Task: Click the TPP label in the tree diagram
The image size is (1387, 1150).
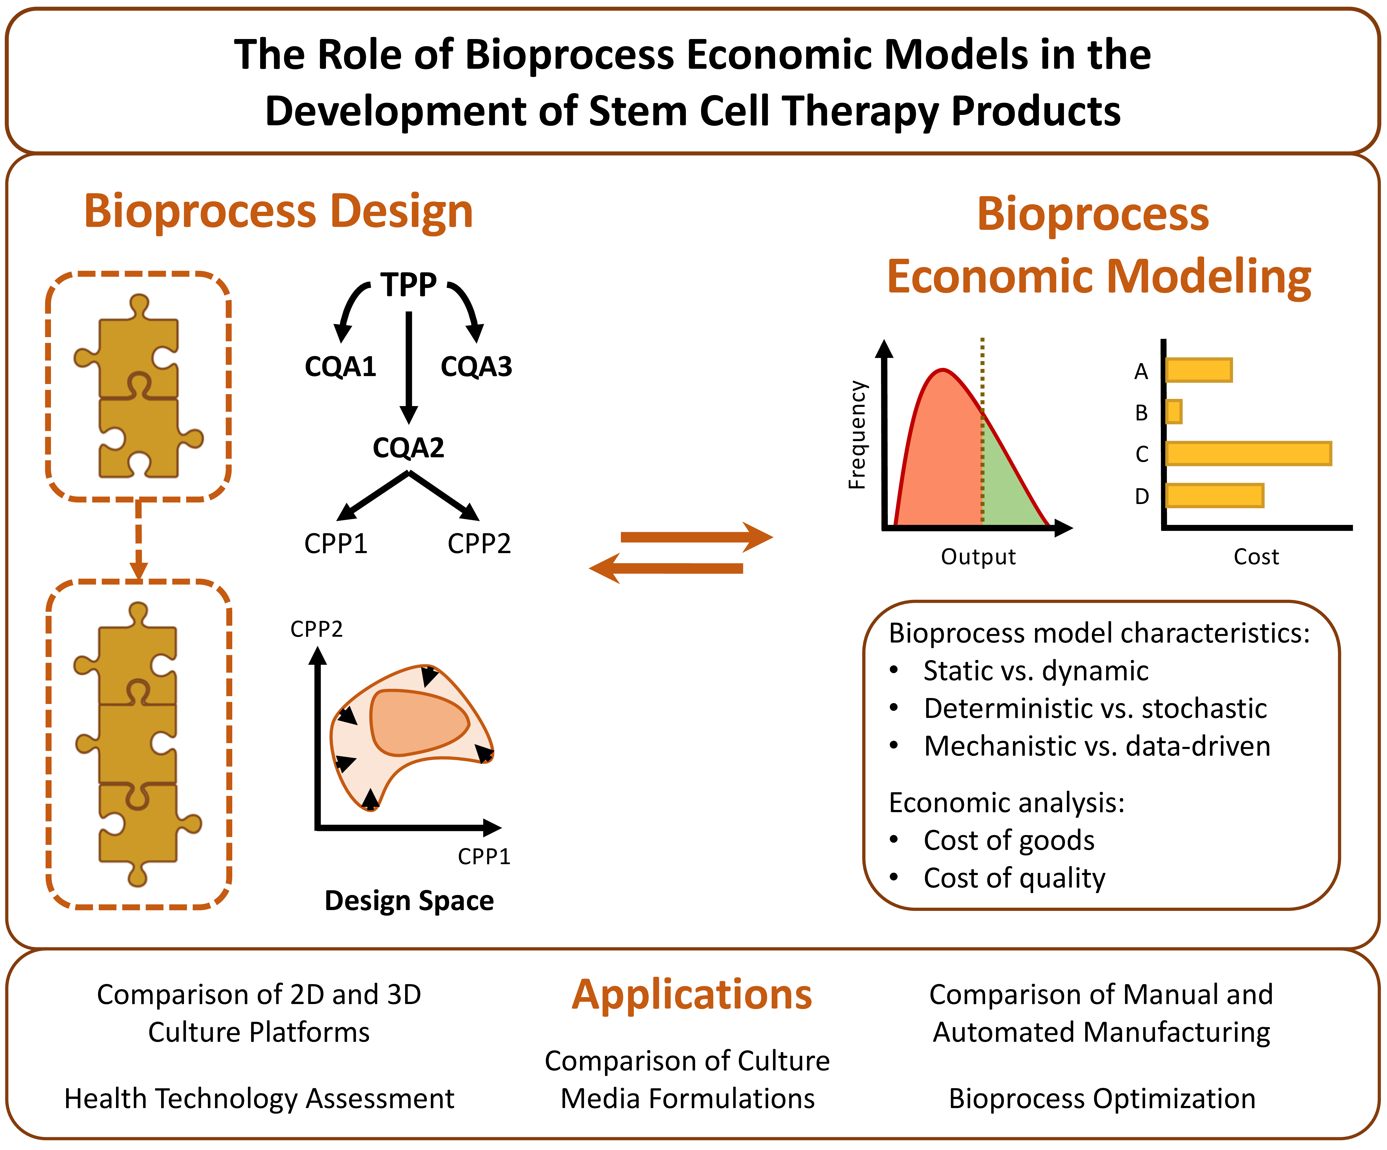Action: [408, 285]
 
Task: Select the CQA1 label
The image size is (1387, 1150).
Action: [340, 367]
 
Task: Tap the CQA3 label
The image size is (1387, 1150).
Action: [476, 367]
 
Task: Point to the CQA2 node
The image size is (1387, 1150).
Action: [408, 448]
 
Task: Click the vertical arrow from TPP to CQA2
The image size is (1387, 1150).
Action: [409, 367]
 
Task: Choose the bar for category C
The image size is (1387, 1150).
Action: [1248, 454]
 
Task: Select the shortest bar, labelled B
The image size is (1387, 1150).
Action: [1174, 412]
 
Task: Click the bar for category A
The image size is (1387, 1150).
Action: [1199, 370]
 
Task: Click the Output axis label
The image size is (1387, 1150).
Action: [978, 557]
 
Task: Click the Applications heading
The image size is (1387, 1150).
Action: [692, 996]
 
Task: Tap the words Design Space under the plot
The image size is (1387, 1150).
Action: [409, 901]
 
